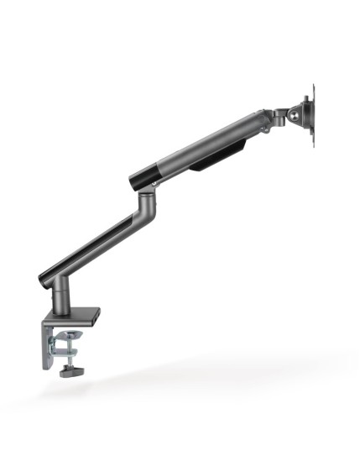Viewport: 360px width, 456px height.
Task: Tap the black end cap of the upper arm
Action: click(x=141, y=177)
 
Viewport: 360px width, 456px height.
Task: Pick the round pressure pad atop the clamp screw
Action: click(x=66, y=338)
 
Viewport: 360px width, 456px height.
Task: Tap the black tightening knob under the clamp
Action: click(x=67, y=370)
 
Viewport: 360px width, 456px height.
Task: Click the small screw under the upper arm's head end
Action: click(x=263, y=129)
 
